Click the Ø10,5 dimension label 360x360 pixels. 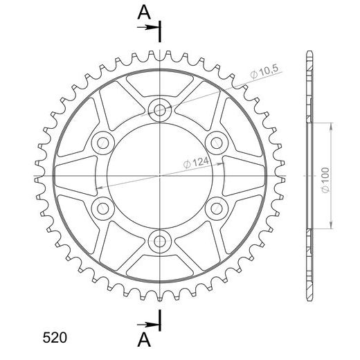tap(264, 72)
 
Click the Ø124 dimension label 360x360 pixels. tap(196, 163)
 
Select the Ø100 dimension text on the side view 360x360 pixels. tap(325, 180)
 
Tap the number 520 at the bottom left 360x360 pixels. tap(55, 338)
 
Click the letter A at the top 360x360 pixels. tap(144, 12)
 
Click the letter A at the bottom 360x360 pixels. tap(144, 340)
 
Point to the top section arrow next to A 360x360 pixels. tap(147, 28)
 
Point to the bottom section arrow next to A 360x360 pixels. tap(147, 325)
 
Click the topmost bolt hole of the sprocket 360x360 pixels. tap(159, 110)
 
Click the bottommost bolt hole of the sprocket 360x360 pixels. tap(159, 242)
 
